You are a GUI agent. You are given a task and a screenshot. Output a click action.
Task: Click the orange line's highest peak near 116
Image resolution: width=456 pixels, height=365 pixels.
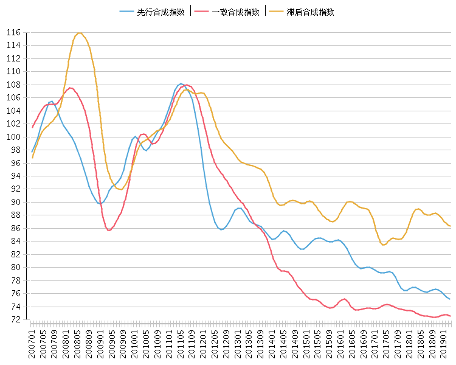click(x=80, y=33)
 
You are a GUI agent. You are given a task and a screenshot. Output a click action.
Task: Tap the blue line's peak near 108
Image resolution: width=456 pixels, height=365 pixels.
click(x=181, y=84)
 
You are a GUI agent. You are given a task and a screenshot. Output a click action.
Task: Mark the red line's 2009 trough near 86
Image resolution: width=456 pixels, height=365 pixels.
click(x=109, y=231)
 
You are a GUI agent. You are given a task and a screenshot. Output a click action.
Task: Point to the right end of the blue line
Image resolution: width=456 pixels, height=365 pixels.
click(x=449, y=299)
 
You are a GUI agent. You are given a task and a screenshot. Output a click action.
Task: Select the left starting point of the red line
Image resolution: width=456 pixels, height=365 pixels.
click(x=32, y=127)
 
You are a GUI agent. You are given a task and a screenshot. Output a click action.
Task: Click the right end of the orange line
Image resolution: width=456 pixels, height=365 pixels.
click(x=449, y=226)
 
